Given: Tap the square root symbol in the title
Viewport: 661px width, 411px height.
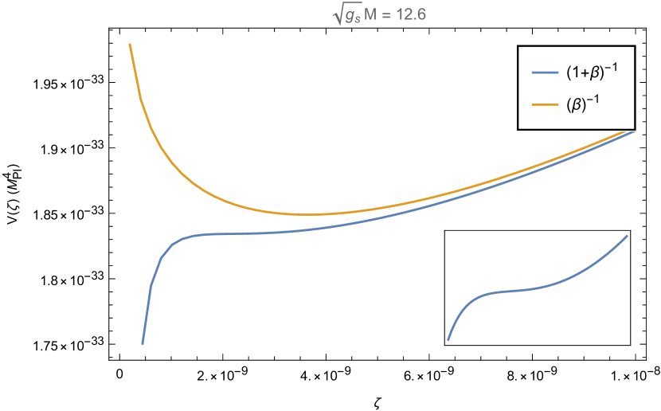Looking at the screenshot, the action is tap(337, 16).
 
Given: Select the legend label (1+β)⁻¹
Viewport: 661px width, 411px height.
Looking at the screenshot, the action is tap(592, 72).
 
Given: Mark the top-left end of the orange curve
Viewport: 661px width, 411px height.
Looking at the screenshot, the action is tap(130, 44).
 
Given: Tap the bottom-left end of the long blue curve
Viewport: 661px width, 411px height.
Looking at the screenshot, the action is tap(143, 343).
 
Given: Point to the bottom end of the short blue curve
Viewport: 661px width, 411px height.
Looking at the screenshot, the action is tap(448, 340).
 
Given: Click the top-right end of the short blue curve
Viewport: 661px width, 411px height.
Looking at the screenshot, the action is tap(628, 235).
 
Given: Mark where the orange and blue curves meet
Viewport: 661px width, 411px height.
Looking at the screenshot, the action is tap(635, 130).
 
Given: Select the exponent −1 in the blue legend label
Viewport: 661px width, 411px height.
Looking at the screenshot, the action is tap(612, 67).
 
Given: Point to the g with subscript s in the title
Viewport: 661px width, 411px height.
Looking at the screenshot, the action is tap(352, 18).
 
